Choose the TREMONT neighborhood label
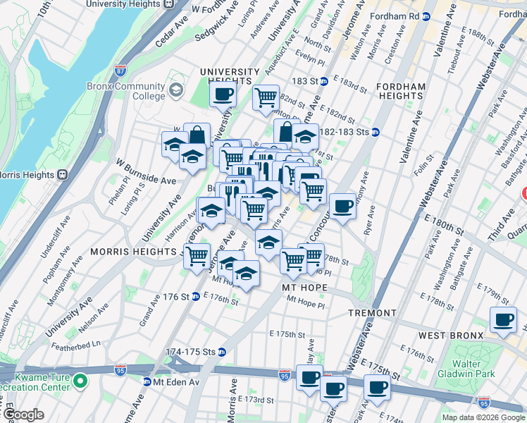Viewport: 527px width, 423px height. pyautogui.click(x=371, y=312)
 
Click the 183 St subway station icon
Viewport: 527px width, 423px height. pyautogui.click(x=323, y=81)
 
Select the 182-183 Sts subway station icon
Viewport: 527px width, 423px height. pyautogui.click(x=376, y=131)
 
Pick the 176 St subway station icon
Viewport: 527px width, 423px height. pyautogui.click(x=194, y=297)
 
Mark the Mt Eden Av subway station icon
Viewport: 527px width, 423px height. pyautogui.click(x=147, y=381)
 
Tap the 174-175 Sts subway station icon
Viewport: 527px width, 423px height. pyautogui.click(x=222, y=351)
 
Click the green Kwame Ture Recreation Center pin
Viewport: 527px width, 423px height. pyautogui.click(x=81, y=381)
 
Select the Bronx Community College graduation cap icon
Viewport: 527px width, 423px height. pyautogui.click(x=175, y=90)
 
